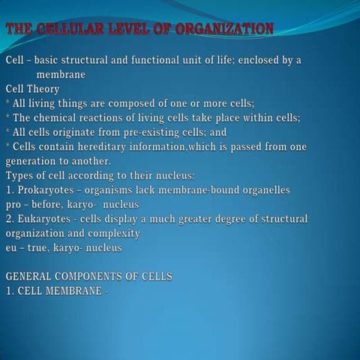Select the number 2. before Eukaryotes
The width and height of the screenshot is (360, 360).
[x=10, y=218]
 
